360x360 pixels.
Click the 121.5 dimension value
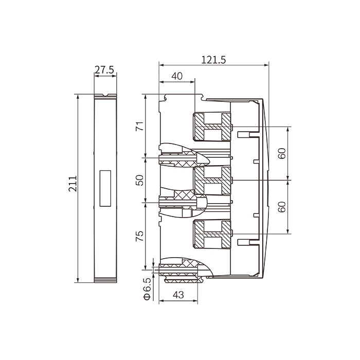(213, 60)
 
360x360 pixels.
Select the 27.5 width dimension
(104, 70)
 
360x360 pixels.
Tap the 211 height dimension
(73, 184)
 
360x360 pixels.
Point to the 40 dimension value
(177, 76)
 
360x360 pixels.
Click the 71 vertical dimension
(139, 126)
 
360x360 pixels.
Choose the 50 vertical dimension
(139, 180)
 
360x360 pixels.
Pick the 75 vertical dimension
(139, 236)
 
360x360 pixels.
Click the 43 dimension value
(178, 295)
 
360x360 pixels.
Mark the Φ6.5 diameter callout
(147, 289)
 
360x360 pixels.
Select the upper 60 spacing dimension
(282, 153)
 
